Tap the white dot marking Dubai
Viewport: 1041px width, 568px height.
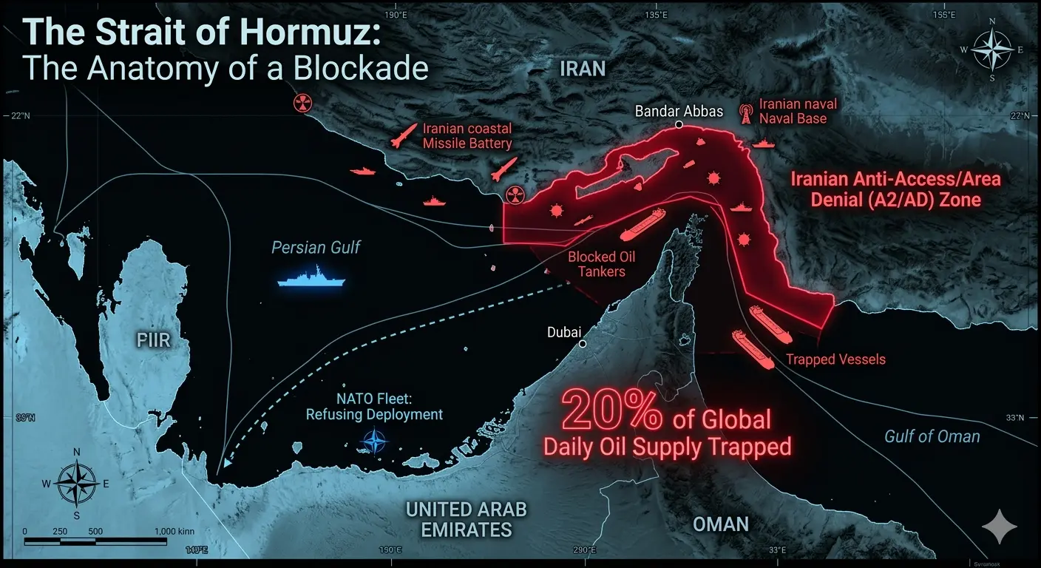pyautogui.click(x=583, y=344)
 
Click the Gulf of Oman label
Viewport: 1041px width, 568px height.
pyautogui.click(x=932, y=436)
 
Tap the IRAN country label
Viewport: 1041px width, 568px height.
pyautogui.click(x=583, y=70)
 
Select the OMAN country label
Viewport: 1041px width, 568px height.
pyautogui.click(x=720, y=524)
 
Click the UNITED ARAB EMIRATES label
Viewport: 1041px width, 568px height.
pyautogui.click(x=466, y=519)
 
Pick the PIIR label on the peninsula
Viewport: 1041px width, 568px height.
pyautogui.click(x=154, y=341)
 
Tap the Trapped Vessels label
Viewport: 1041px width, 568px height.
pyautogui.click(x=835, y=360)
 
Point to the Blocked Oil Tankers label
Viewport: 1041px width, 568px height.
pyautogui.click(x=601, y=264)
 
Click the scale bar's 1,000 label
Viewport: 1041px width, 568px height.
pyautogui.click(x=175, y=532)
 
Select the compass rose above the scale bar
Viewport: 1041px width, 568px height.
pyautogui.click(x=77, y=484)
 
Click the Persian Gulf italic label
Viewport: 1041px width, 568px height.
pyautogui.click(x=316, y=247)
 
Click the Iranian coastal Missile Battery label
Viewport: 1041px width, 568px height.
pyautogui.click(x=467, y=136)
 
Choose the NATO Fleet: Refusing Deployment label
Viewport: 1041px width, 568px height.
pyautogui.click(x=374, y=406)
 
